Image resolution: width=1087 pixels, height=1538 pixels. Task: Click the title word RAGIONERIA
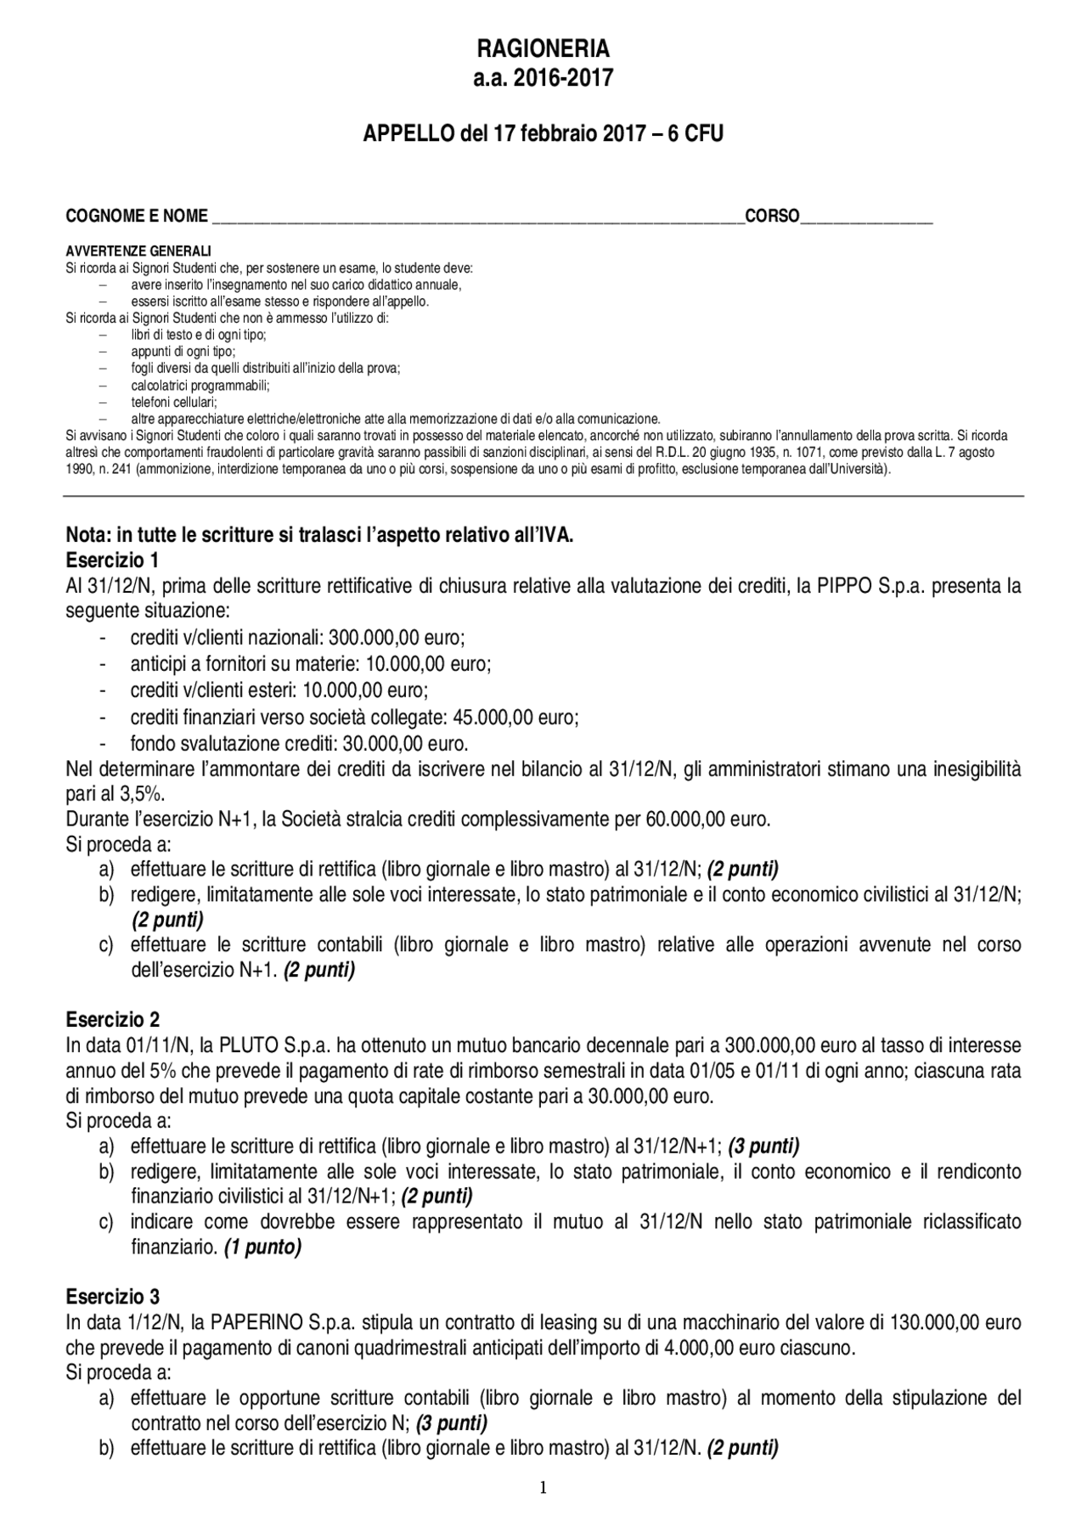pos(543,48)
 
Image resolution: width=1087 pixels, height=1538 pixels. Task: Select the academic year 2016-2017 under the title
pos(543,78)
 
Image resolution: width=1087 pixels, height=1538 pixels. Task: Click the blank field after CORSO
pos(866,217)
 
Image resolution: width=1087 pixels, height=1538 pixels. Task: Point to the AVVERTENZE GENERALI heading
pos(138,251)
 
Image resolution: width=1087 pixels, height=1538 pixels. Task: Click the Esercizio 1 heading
pos(112,561)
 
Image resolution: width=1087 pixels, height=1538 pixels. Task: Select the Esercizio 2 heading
pos(112,1019)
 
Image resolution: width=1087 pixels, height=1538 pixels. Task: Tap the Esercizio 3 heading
pos(112,1297)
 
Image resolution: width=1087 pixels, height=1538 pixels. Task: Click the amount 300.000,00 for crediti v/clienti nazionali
pos(377,638)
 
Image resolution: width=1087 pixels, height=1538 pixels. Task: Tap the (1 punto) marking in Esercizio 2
pos(263,1248)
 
